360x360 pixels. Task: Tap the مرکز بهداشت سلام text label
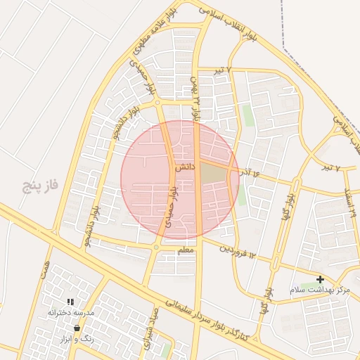coord(320,290)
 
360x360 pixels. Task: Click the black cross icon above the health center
coord(321,279)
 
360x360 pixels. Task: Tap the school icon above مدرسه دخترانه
coord(70,302)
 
